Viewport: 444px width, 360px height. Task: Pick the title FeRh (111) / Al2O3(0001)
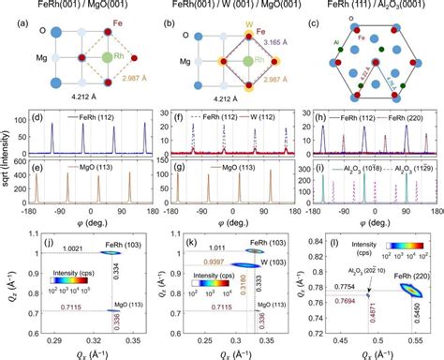tap(370, 7)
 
